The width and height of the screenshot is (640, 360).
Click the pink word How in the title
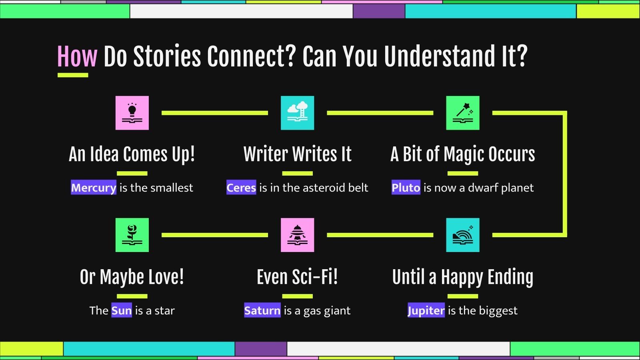(x=77, y=56)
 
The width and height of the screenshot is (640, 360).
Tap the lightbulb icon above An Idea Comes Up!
(x=132, y=113)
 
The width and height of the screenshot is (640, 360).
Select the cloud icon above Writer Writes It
(x=297, y=113)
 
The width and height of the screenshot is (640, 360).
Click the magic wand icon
(x=462, y=113)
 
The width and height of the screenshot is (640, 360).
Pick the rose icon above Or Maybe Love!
(x=132, y=235)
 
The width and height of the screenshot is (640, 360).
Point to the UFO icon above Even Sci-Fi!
(x=297, y=235)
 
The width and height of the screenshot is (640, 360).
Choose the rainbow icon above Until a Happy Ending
(x=462, y=235)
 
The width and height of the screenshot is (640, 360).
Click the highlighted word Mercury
(x=94, y=188)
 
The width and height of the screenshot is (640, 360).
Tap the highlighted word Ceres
(x=241, y=188)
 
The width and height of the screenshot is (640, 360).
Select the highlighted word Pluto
(x=406, y=188)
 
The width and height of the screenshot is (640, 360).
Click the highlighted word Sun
(x=121, y=310)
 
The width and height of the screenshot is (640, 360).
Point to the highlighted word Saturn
(x=262, y=310)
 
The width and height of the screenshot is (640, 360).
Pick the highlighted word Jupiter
(x=426, y=310)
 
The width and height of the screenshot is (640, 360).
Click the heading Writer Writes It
(x=297, y=154)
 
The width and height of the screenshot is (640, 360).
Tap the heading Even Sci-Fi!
(x=297, y=277)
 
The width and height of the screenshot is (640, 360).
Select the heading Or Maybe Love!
(x=132, y=277)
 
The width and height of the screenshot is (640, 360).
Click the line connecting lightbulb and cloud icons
(x=214, y=113)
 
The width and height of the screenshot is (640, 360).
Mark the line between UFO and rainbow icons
(x=380, y=235)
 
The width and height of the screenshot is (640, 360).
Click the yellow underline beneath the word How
(x=73, y=75)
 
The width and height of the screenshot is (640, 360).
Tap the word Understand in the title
(x=440, y=56)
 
